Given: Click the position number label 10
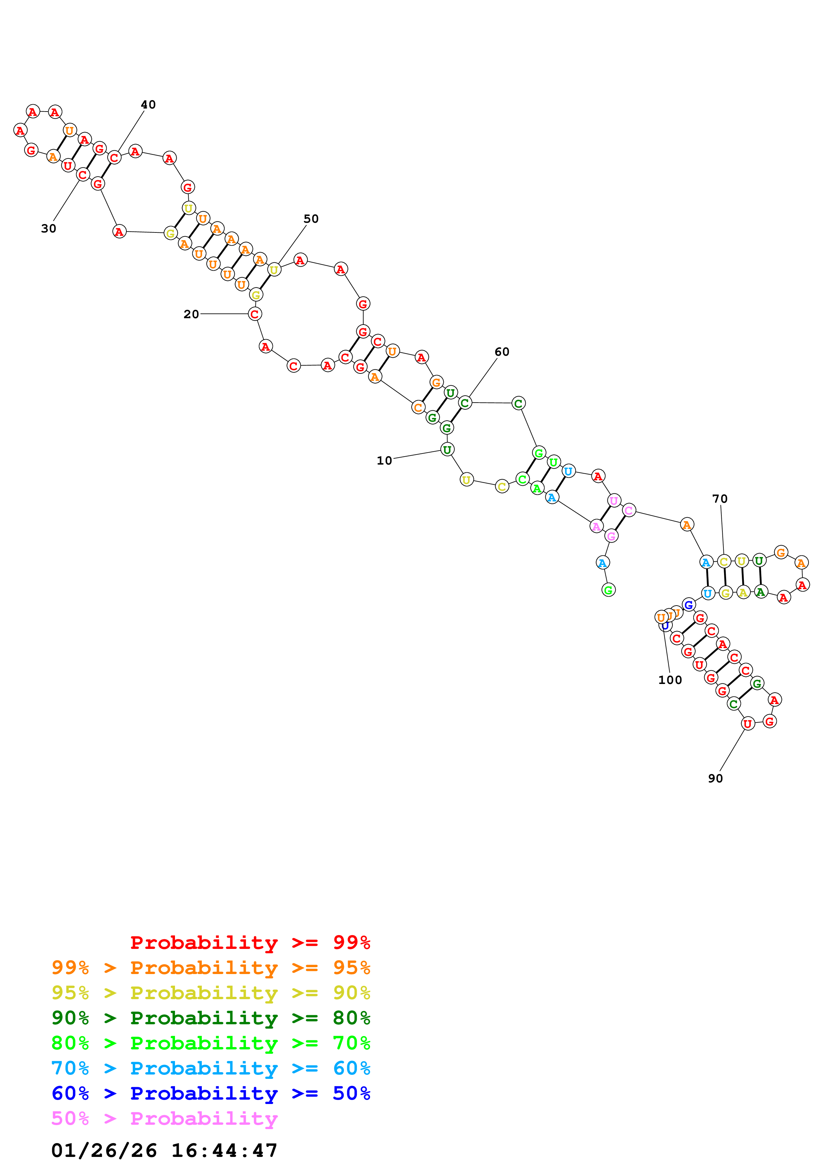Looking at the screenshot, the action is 384,461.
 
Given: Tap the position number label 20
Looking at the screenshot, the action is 191,314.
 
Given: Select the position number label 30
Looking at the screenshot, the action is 49,229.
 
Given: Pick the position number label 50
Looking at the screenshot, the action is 311,219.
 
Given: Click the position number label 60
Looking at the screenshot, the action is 502,352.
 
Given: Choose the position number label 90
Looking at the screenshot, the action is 715,778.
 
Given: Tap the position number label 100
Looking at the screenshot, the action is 670,680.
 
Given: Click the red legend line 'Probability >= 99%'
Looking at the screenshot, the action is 250,943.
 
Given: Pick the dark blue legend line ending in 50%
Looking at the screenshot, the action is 211,1094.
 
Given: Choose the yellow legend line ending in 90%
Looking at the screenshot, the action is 211,993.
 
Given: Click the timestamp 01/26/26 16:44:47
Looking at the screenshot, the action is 164,1151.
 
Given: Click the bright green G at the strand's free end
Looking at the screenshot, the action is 608,590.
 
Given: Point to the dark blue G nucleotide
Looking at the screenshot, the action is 689,605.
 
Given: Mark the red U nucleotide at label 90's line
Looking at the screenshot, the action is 748,723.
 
